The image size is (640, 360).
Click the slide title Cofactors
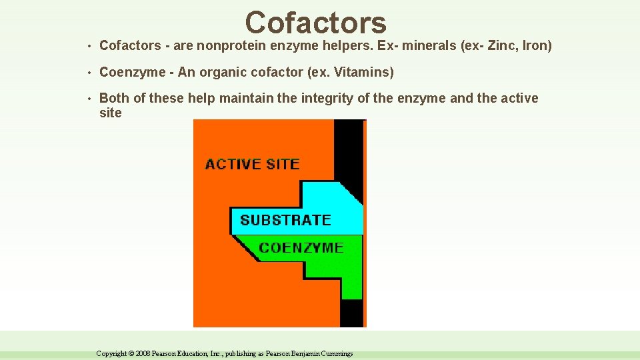coord(315,22)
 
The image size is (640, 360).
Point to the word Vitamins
coord(366,72)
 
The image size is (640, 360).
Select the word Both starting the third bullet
coord(114,98)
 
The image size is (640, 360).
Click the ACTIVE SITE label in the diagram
coord(253,164)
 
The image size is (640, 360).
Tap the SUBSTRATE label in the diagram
coord(285,220)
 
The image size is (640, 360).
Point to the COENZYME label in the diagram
coord(301,248)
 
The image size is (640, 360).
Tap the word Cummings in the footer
coord(336,353)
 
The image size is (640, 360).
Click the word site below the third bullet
coord(110,113)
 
